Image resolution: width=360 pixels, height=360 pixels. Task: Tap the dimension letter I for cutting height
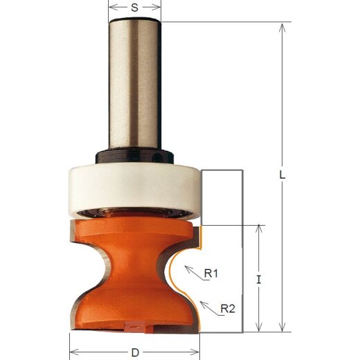258,280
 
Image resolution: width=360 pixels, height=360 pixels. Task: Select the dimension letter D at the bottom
135,352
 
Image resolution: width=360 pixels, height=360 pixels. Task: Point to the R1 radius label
211,273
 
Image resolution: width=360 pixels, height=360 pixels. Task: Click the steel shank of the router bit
135,83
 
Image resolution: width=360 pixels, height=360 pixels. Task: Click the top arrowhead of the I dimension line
258,228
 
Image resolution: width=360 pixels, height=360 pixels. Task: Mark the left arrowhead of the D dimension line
74,353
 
